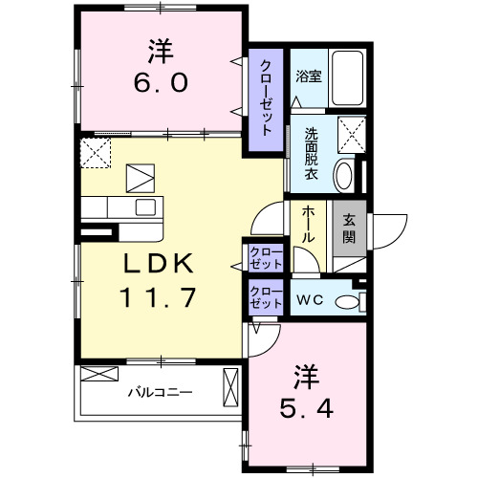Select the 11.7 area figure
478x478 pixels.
pos(158,296)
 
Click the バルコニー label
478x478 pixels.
pos(161,391)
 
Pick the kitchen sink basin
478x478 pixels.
pos(145,206)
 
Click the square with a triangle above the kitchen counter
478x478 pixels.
pos(141,178)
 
